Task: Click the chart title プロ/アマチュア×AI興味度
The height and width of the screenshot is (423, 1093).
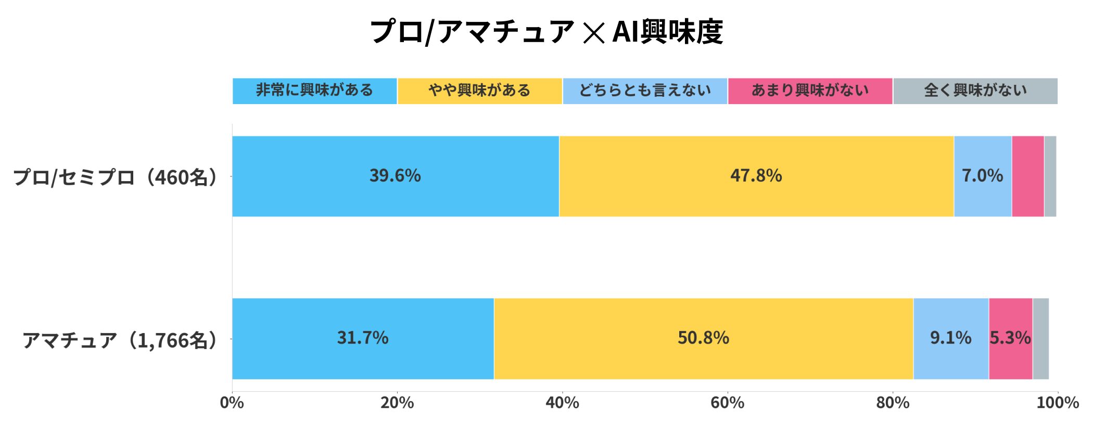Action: coord(546,31)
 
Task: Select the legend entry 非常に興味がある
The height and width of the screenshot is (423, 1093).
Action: coord(314,91)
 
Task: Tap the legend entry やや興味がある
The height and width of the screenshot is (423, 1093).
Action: coord(479,91)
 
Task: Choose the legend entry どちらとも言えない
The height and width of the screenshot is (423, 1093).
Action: coord(645,91)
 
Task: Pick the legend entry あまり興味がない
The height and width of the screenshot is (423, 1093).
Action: coord(810,91)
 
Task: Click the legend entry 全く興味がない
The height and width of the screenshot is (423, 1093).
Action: coord(975,91)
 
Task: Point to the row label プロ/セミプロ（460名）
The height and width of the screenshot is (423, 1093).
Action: coord(116,177)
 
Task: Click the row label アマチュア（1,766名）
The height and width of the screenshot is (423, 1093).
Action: coord(120,340)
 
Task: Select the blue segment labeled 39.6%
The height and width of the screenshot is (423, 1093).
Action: coord(395,176)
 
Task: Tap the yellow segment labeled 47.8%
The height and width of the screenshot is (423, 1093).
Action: coord(756,176)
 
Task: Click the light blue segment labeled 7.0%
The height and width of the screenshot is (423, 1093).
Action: coord(983,176)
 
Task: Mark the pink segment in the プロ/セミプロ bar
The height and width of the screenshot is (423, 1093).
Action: coord(1028,176)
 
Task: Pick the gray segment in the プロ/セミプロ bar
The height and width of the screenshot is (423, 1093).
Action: coord(1050,176)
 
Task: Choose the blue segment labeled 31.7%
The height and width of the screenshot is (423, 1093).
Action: coord(363,338)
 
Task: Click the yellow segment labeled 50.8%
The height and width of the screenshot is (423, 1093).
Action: coord(703,338)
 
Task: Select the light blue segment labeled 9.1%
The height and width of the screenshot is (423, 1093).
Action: coord(951,338)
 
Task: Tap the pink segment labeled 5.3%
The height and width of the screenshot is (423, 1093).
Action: coord(1010,338)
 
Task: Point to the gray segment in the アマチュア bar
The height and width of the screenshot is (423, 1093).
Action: coord(1041,338)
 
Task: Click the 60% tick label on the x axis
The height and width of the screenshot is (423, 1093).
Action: coord(727,403)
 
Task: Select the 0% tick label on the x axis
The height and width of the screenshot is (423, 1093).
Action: coord(232,403)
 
